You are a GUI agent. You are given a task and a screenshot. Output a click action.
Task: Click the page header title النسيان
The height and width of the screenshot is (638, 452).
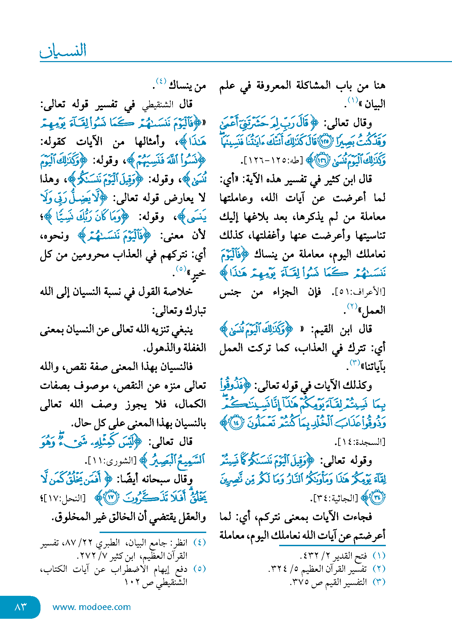63,51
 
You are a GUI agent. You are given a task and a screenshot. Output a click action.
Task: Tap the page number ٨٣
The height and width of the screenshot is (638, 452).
21,607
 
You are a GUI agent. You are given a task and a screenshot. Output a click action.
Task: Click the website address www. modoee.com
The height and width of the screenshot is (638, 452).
91,607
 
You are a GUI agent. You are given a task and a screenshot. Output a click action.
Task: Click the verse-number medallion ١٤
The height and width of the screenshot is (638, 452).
236,423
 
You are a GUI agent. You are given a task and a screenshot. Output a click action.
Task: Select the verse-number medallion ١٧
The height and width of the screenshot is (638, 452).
111,497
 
